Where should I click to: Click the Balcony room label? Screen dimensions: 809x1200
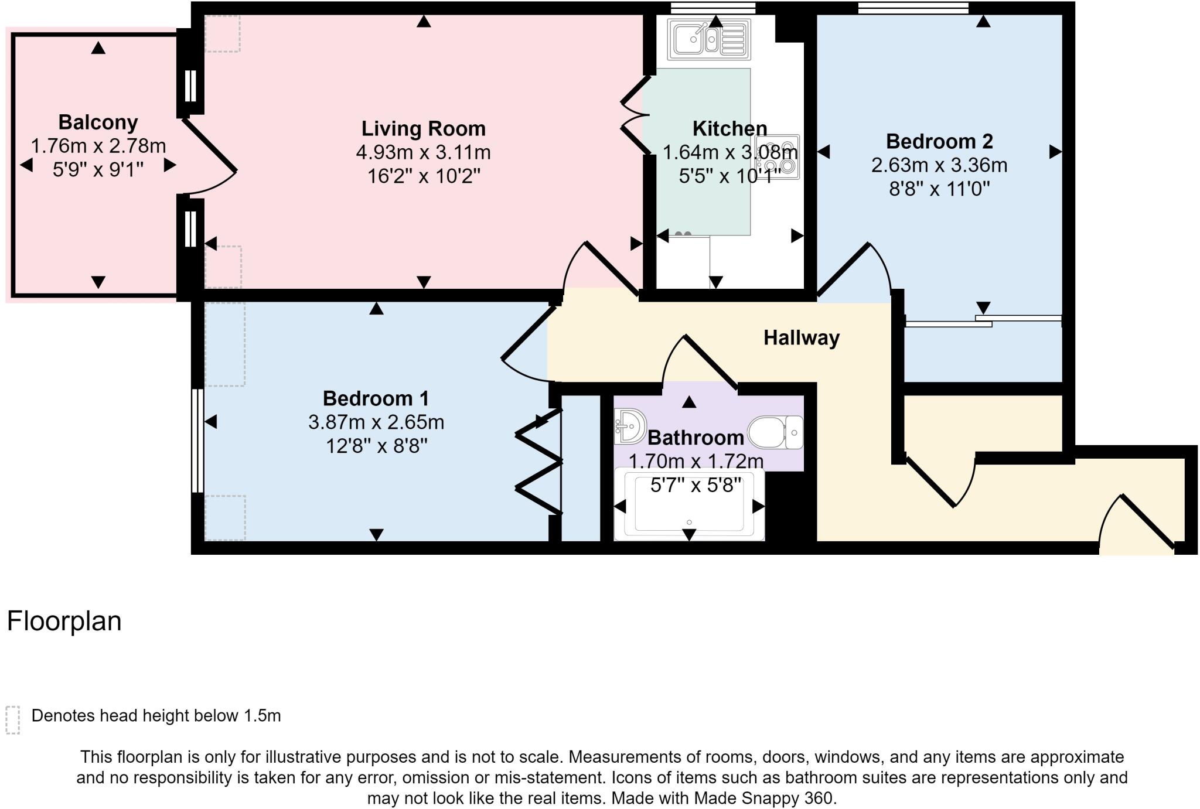(x=98, y=122)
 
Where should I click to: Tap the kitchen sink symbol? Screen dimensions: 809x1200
(x=709, y=39)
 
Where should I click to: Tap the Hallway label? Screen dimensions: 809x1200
(x=801, y=338)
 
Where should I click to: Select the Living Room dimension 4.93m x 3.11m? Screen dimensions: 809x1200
(x=423, y=152)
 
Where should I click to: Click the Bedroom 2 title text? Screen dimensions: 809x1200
(x=939, y=142)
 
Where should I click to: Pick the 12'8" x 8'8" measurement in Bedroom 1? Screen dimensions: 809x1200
(x=376, y=446)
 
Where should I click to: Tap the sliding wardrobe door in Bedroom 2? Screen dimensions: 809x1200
(x=983, y=321)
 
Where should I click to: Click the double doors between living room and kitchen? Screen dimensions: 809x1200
(x=633, y=117)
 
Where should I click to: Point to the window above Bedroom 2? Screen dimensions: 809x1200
(x=913, y=8)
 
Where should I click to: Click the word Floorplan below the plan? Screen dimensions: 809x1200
(x=64, y=621)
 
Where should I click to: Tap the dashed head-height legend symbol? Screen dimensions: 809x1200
(x=13, y=719)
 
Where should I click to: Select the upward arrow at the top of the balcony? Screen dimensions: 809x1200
(x=98, y=48)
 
